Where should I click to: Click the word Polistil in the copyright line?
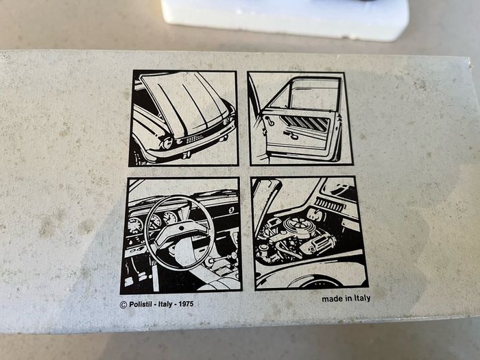click(x=141, y=304)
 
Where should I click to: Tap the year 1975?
click(x=186, y=304)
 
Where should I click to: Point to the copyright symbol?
click(x=123, y=305)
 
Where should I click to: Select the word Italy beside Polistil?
click(x=165, y=304)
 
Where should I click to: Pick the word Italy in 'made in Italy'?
click(x=363, y=298)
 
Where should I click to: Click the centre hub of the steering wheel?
click(x=181, y=229)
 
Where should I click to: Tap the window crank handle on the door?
click(x=269, y=120)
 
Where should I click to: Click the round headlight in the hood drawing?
click(x=167, y=143)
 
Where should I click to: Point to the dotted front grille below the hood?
click(x=194, y=139)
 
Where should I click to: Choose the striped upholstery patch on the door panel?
click(x=306, y=123)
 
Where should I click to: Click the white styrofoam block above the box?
click(x=285, y=19)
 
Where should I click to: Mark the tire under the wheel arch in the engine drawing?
click(x=315, y=283)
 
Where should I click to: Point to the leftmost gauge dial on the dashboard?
click(x=135, y=226)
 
